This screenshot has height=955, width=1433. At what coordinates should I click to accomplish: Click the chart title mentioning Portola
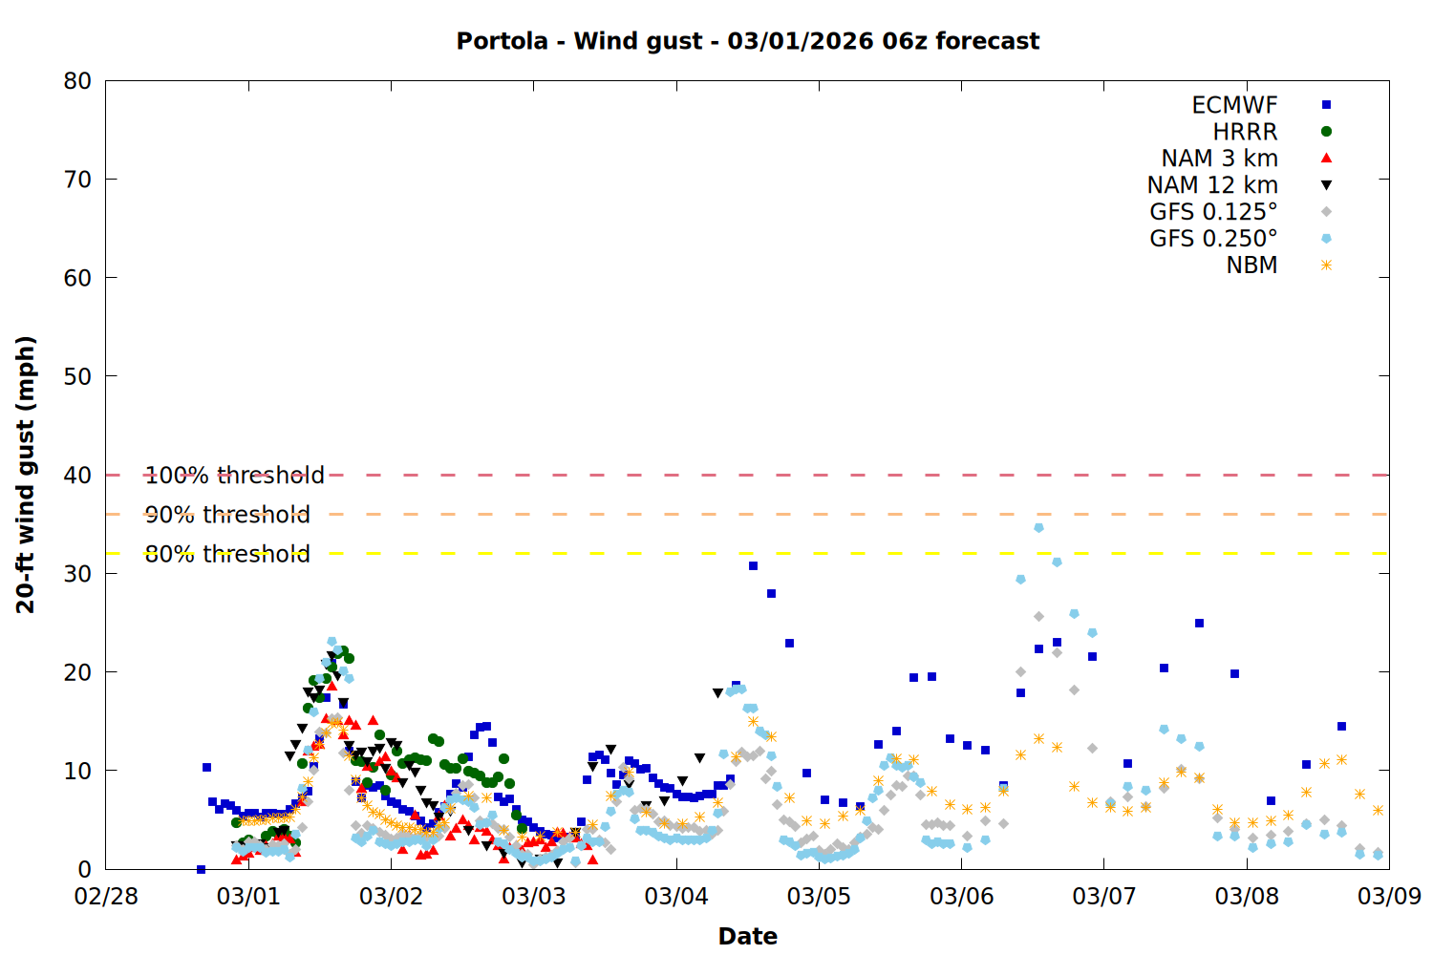tap(747, 41)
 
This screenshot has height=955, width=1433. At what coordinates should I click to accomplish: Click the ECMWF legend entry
tap(1234, 105)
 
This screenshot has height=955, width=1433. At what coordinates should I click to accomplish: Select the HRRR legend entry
tap(1245, 132)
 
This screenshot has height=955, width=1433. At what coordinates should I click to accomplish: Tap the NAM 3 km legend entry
tap(1219, 159)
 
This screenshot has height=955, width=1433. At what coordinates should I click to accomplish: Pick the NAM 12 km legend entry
tap(1212, 185)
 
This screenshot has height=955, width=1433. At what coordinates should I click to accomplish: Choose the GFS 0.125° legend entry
tap(1213, 212)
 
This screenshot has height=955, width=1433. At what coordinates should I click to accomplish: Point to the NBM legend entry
tap(1251, 265)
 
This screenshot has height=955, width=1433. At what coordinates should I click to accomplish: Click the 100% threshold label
tap(234, 476)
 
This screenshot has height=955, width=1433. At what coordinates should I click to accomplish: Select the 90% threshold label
tap(227, 515)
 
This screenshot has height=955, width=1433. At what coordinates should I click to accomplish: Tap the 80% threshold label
tap(227, 554)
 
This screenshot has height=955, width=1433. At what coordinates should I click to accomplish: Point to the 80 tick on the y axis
tap(77, 81)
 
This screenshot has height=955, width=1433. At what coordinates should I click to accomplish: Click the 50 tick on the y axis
tap(77, 376)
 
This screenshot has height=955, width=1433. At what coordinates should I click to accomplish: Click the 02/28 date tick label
tap(105, 897)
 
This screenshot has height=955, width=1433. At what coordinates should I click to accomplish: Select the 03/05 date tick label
tap(819, 897)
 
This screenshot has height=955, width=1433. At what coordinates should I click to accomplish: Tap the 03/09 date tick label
tap(1389, 897)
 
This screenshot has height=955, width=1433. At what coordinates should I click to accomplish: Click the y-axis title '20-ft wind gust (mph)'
tap(26, 475)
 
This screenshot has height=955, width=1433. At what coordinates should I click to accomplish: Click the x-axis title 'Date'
tap(747, 936)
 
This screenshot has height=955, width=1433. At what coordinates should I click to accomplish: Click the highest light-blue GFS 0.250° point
tap(1038, 527)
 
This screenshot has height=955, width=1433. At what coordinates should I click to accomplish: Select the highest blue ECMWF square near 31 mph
tap(753, 566)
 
